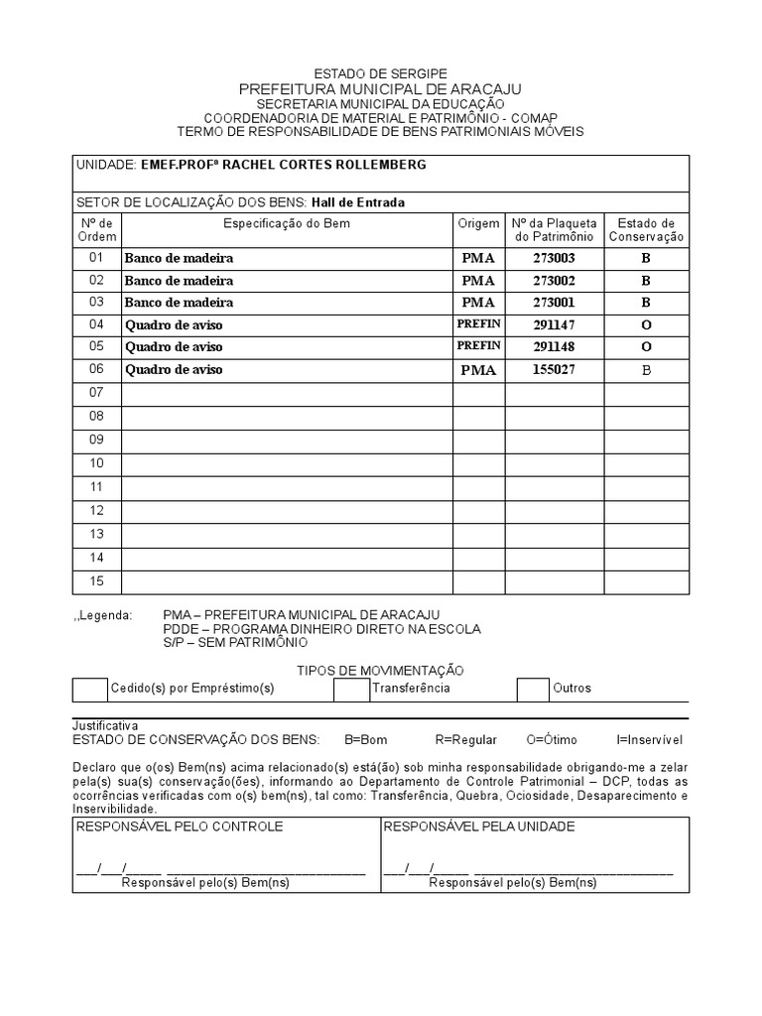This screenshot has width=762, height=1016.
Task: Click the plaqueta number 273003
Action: click(x=554, y=258)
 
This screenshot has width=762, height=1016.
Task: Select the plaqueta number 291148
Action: click(x=554, y=347)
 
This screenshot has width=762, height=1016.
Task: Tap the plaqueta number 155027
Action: click(x=554, y=370)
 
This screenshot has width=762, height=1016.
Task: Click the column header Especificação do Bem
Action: click(x=287, y=224)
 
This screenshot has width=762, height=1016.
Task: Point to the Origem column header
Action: click(x=479, y=224)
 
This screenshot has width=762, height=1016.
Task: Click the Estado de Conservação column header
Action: click(x=646, y=230)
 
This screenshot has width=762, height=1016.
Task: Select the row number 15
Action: click(x=96, y=581)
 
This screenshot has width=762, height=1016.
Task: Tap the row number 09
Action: click(x=96, y=440)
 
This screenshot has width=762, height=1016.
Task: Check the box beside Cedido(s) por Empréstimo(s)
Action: click(x=90, y=689)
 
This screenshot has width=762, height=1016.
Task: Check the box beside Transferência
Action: click(x=351, y=689)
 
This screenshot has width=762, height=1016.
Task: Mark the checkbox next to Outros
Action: click(x=533, y=689)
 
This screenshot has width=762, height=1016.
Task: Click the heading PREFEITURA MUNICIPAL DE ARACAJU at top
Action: click(x=380, y=89)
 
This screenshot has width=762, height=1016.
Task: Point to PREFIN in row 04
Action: click(x=479, y=324)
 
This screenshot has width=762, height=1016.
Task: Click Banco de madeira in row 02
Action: click(x=179, y=281)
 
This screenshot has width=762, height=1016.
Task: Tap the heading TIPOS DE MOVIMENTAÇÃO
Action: click(x=380, y=672)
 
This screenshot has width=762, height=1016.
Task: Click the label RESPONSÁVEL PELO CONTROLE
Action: click(x=180, y=826)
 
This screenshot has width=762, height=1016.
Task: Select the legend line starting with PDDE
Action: click(x=321, y=629)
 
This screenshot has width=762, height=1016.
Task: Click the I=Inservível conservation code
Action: click(x=649, y=740)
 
